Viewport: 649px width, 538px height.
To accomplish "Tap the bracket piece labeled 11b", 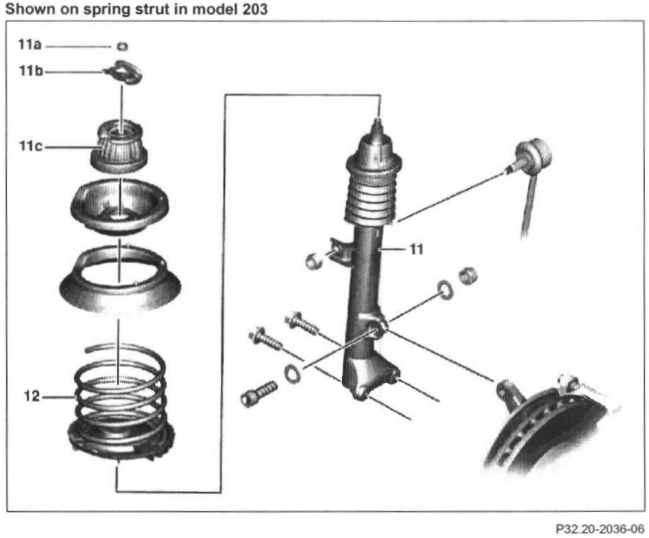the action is coord(124,72).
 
